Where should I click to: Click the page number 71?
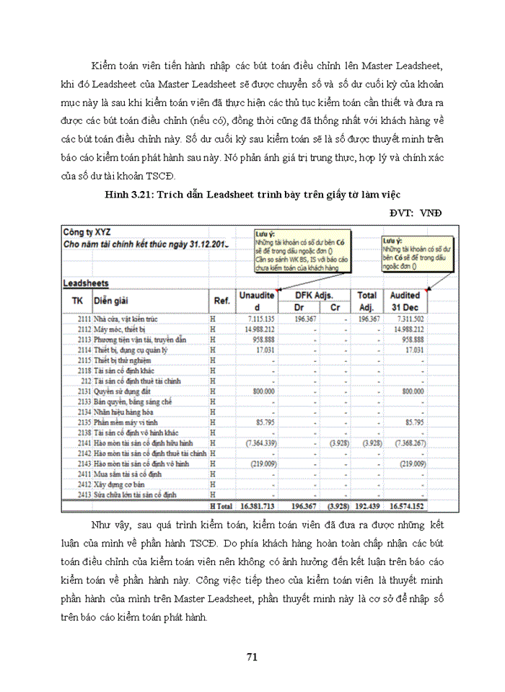252,656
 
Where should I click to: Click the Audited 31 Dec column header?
405,301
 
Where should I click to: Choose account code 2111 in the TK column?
84,319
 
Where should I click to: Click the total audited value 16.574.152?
405,507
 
